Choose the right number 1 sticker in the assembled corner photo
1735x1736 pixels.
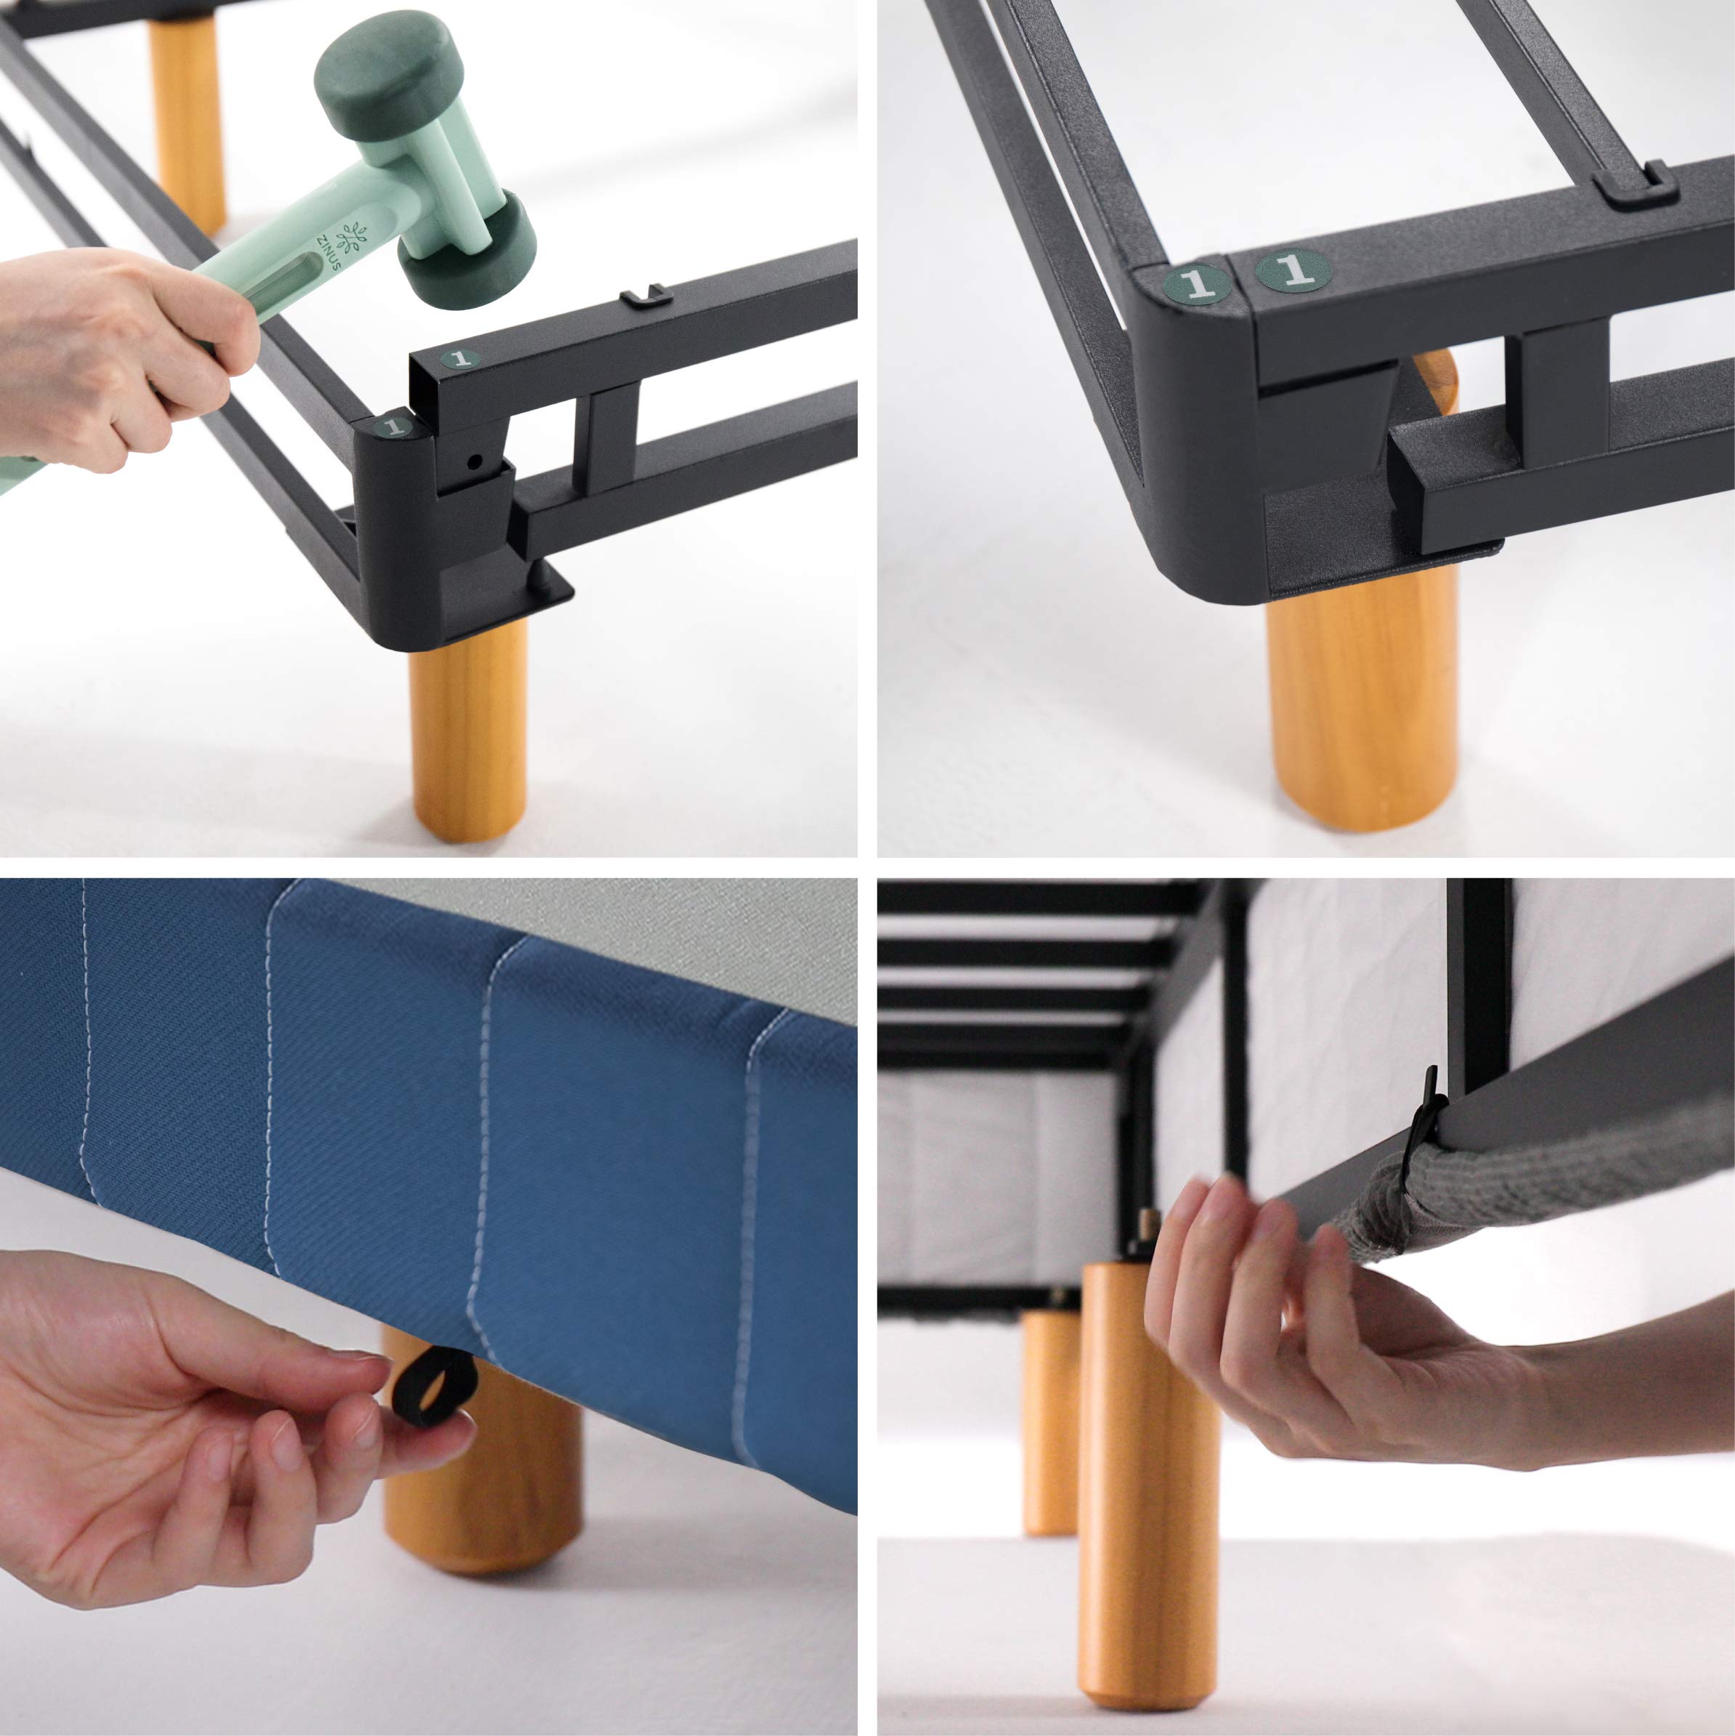tap(1293, 269)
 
